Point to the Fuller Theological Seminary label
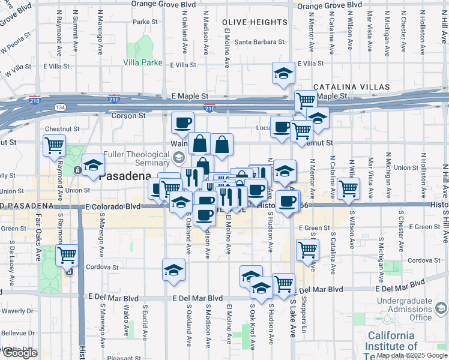pos(137,158)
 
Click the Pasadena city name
pos(124,176)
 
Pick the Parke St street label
pos(145,22)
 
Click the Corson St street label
pos(129,115)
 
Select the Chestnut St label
pos(62,128)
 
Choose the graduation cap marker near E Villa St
pos(283,73)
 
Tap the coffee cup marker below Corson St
pos(182,123)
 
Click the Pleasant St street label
pos(124,358)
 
